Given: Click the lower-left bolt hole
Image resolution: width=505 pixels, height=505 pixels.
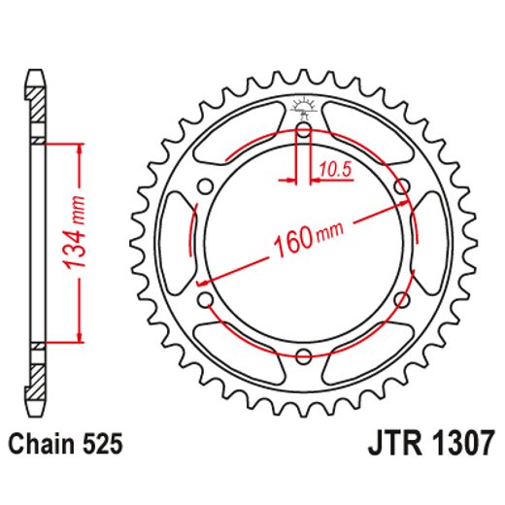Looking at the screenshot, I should pyautogui.click(x=206, y=297).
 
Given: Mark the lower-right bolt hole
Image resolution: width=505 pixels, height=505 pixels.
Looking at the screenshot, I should pyautogui.click(x=400, y=297).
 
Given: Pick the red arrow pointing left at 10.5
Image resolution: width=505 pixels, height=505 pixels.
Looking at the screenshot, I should pyautogui.click(x=318, y=181).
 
